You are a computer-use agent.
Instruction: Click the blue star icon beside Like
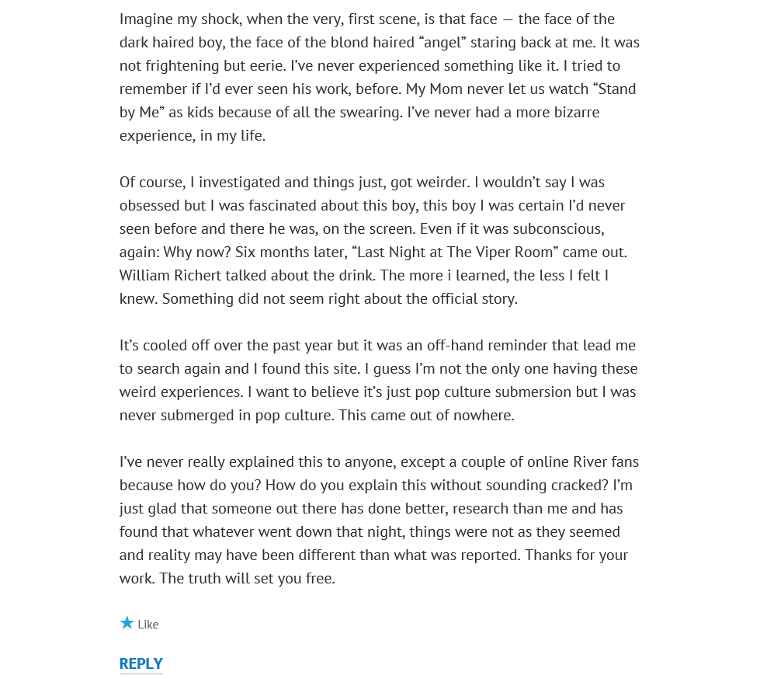[127, 623]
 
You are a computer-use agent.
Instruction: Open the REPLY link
[141, 663]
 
